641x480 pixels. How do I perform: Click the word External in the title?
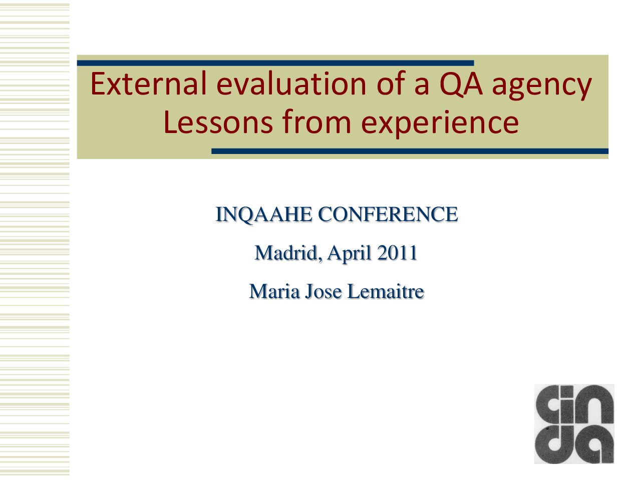148,83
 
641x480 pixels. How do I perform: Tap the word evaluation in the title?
291,83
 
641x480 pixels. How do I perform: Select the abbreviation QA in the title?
461,84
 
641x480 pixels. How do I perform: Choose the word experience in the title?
440,124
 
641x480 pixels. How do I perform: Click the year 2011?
397,252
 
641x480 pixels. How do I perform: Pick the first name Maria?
274,291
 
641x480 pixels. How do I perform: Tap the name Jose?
324,291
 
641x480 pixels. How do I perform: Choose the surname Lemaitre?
386,291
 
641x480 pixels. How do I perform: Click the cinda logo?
574,424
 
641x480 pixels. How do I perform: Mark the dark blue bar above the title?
275,63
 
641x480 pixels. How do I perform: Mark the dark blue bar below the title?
410,151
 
